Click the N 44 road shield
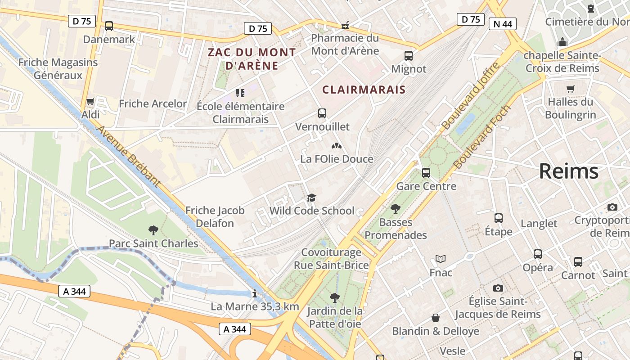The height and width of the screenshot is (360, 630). pyautogui.click(x=502, y=24)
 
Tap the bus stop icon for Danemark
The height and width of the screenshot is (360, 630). pyautogui.click(x=109, y=26)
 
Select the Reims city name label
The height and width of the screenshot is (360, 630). pyautogui.click(x=569, y=171)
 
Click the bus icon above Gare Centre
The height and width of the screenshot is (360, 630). pyautogui.click(x=426, y=172)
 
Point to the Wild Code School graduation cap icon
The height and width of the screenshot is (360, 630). pyautogui.click(x=311, y=198)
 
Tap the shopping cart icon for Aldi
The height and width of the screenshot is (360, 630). pyautogui.click(x=90, y=102)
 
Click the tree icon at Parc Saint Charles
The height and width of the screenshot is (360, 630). pyautogui.click(x=153, y=230)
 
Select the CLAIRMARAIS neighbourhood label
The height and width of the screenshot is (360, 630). pyautogui.click(x=364, y=90)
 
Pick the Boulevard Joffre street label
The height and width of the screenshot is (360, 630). pyautogui.click(x=470, y=96)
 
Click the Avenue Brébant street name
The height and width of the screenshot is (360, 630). pyautogui.click(x=128, y=156)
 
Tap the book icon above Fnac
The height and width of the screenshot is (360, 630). pyautogui.click(x=441, y=259)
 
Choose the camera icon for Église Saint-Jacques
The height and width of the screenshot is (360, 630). pyautogui.click(x=498, y=288)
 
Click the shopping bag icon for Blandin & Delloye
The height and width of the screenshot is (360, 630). pyautogui.click(x=436, y=318)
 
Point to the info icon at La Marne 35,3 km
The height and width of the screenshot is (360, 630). pyautogui.click(x=255, y=293)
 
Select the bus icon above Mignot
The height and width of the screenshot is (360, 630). pyautogui.click(x=408, y=56)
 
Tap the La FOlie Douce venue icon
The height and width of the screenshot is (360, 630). pyautogui.click(x=336, y=146)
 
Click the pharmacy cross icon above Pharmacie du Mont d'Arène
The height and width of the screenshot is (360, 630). pyautogui.click(x=345, y=25)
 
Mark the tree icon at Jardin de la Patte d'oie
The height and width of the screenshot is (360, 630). pyautogui.click(x=334, y=297)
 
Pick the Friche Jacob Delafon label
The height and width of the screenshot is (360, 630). pyautogui.click(x=215, y=216)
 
